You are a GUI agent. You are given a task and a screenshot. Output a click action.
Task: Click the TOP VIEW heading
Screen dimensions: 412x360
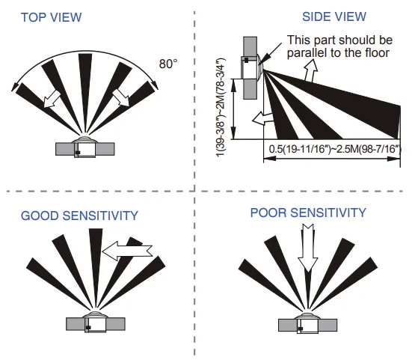(x=52, y=17)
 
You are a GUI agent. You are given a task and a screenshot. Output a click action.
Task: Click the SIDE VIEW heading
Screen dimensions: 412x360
(x=334, y=16)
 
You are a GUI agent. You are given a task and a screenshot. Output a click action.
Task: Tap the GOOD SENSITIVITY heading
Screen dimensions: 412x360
(x=79, y=216)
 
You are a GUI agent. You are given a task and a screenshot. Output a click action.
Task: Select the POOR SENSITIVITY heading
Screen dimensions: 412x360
(x=308, y=213)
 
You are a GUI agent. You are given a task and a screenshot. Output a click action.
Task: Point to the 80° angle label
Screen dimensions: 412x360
(x=168, y=64)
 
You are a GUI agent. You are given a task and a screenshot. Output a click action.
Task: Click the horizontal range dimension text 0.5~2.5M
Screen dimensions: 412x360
(x=335, y=149)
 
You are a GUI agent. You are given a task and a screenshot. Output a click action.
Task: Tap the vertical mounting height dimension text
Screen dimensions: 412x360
(x=221, y=107)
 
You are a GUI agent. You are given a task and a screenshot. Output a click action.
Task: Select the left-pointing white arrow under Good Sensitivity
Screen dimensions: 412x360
(x=127, y=251)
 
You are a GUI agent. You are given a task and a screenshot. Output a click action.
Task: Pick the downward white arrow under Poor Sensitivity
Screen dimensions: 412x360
(x=307, y=248)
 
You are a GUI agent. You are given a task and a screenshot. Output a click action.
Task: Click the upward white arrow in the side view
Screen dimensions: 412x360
(x=310, y=70)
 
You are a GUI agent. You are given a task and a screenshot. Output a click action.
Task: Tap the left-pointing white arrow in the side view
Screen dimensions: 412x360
(x=262, y=118)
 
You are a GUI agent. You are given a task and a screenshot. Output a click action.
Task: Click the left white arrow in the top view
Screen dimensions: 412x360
(x=52, y=98)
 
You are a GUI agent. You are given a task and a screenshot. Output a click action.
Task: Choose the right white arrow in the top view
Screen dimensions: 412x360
(x=121, y=97)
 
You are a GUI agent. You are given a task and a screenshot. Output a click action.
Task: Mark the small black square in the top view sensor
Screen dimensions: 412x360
(x=78, y=153)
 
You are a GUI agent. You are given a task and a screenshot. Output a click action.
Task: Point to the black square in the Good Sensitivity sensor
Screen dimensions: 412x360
(x=88, y=327)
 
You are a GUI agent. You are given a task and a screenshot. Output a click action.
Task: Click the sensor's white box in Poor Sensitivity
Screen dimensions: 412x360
(x=308, y=326)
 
